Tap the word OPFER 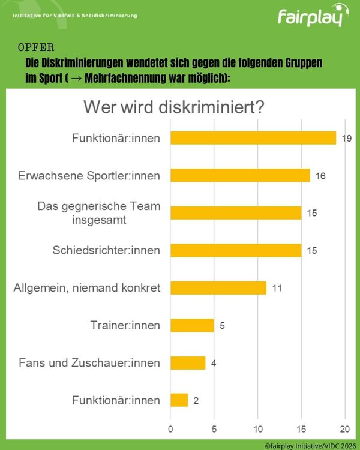pos(36,47)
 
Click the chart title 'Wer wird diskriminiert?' pos(173,107)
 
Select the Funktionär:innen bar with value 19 pos(253,138)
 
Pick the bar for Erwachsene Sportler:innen pos(240,175)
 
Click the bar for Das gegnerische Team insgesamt pos(236,213)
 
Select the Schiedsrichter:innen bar pos(236,250)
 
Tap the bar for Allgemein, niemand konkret pos(218,288)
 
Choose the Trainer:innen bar pos(193,325)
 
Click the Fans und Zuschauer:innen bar pos(188,363)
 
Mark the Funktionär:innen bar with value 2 pos(179,400)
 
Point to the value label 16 pos(320,176)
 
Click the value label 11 pos(277,288)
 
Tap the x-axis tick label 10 pos(258,429)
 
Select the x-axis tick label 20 pos(345,429)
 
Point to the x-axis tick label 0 pos(170,429)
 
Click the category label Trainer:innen pos(125,325)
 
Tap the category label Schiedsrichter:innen pos(106,250)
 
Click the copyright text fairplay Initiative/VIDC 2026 pos(310,446)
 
